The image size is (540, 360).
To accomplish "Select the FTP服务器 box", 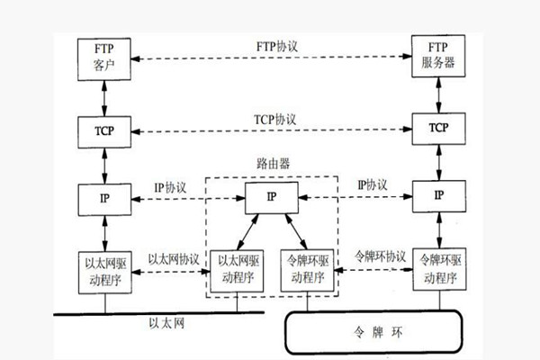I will tap(436, 56).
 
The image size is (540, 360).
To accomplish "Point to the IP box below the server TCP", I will tap(436, 195).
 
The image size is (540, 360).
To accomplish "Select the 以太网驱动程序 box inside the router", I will tap(239, 267).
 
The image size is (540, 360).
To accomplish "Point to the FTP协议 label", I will tap(274, 45).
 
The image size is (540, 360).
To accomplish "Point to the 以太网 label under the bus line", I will tap(166, 322).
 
